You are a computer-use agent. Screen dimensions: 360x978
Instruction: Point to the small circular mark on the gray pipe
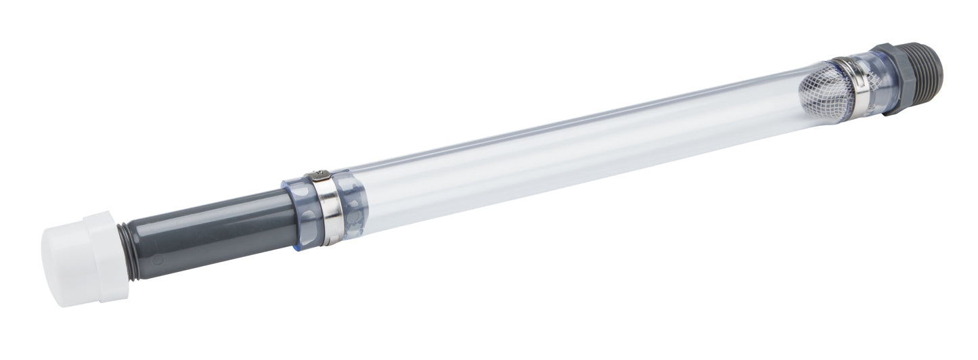[x=157, y=259]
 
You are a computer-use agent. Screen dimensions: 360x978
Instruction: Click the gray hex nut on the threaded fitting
[x=897, y=77]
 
